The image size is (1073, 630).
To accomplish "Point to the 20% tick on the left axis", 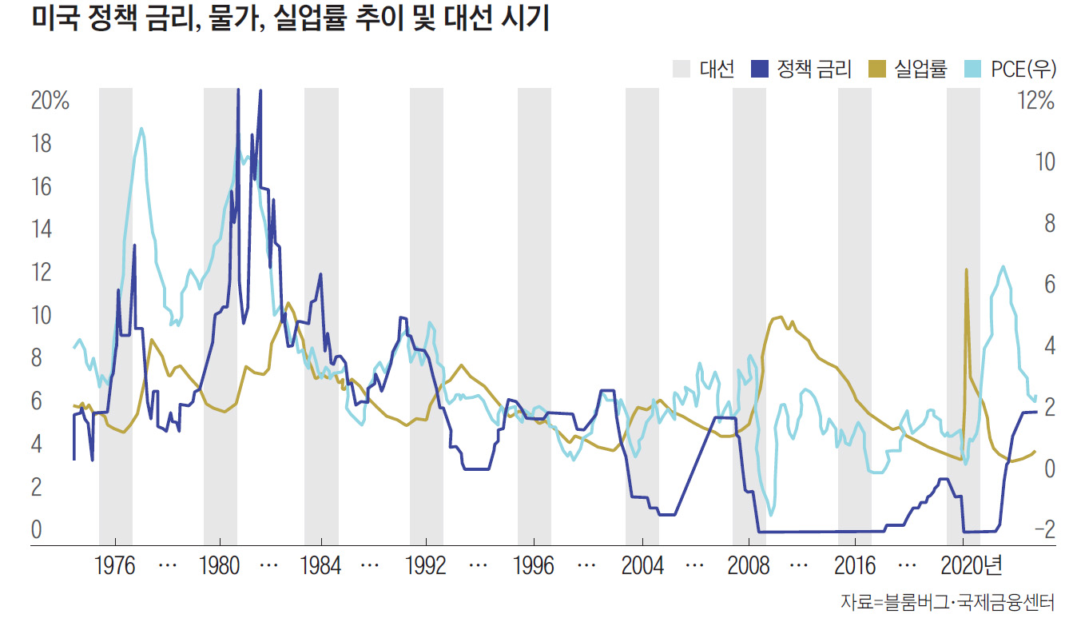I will (50, 102).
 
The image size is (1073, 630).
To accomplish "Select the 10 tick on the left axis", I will (42, 315).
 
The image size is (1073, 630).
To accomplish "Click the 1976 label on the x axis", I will (115, 566).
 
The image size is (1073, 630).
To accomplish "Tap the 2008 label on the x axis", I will (749, 566).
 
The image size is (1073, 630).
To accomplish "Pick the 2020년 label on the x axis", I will (970, 566).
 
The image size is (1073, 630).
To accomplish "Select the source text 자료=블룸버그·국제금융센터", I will (948, 602).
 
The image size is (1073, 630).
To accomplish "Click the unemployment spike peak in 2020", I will (967, 270).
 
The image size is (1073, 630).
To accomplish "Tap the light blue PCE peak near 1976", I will (141, 128).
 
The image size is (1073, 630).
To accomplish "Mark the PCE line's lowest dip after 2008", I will (771, 515).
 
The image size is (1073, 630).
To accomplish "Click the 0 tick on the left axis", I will (36, 529).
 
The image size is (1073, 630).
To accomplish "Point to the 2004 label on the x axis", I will (642, 566).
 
